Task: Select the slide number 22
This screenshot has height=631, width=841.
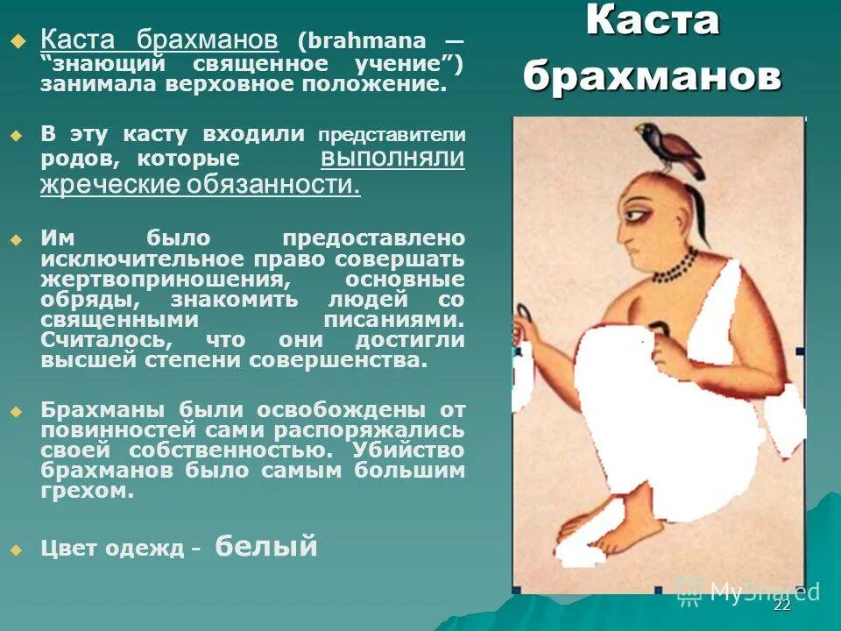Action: [x=782, y=606]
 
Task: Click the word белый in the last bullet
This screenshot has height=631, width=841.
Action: [x=265, y=547]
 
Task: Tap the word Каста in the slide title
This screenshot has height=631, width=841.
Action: [x=653, y=21]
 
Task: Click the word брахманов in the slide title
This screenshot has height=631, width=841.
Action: [x=653, y=76]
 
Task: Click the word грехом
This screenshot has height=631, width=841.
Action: [x=88, y=492]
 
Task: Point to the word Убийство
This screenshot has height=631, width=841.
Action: [x=408, y=450]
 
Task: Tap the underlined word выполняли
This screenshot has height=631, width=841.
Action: [x=392, y=158]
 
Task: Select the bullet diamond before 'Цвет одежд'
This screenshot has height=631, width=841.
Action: [x=14, y=550]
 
